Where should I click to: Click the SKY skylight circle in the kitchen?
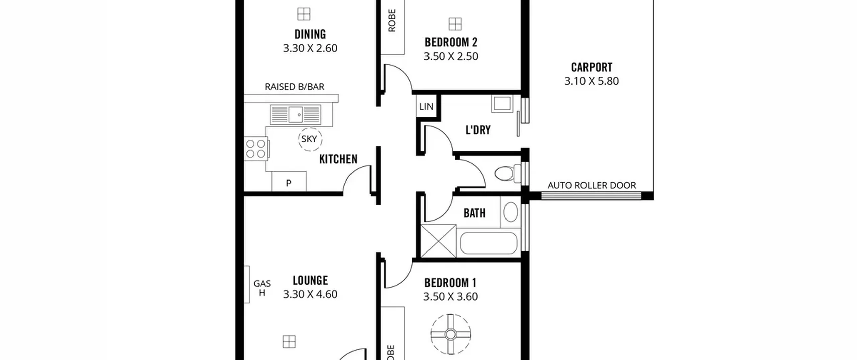tap(310, 139)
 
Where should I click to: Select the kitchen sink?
tap(295, 115)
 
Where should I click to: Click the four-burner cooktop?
tap(256, 149)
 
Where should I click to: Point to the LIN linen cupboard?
tap(426, 106)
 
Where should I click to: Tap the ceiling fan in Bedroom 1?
tap(451, 334)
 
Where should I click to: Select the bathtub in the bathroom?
tap(488, 243)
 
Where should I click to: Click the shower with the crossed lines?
tap(438, 241)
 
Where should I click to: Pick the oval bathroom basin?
tap(511, 212)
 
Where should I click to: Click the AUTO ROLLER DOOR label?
tap(592, 185)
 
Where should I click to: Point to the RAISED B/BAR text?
tap(295, 87)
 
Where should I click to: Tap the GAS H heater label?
tap(262, 288)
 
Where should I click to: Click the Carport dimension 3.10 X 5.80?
tap(592, 81)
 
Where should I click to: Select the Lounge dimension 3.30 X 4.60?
tap(310, 294)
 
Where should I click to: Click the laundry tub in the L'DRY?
tap(502, 103)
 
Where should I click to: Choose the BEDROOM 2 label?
tap(451, 42)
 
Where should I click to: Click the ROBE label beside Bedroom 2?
tap(392, 20)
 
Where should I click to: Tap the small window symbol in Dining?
tap(304, 14)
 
